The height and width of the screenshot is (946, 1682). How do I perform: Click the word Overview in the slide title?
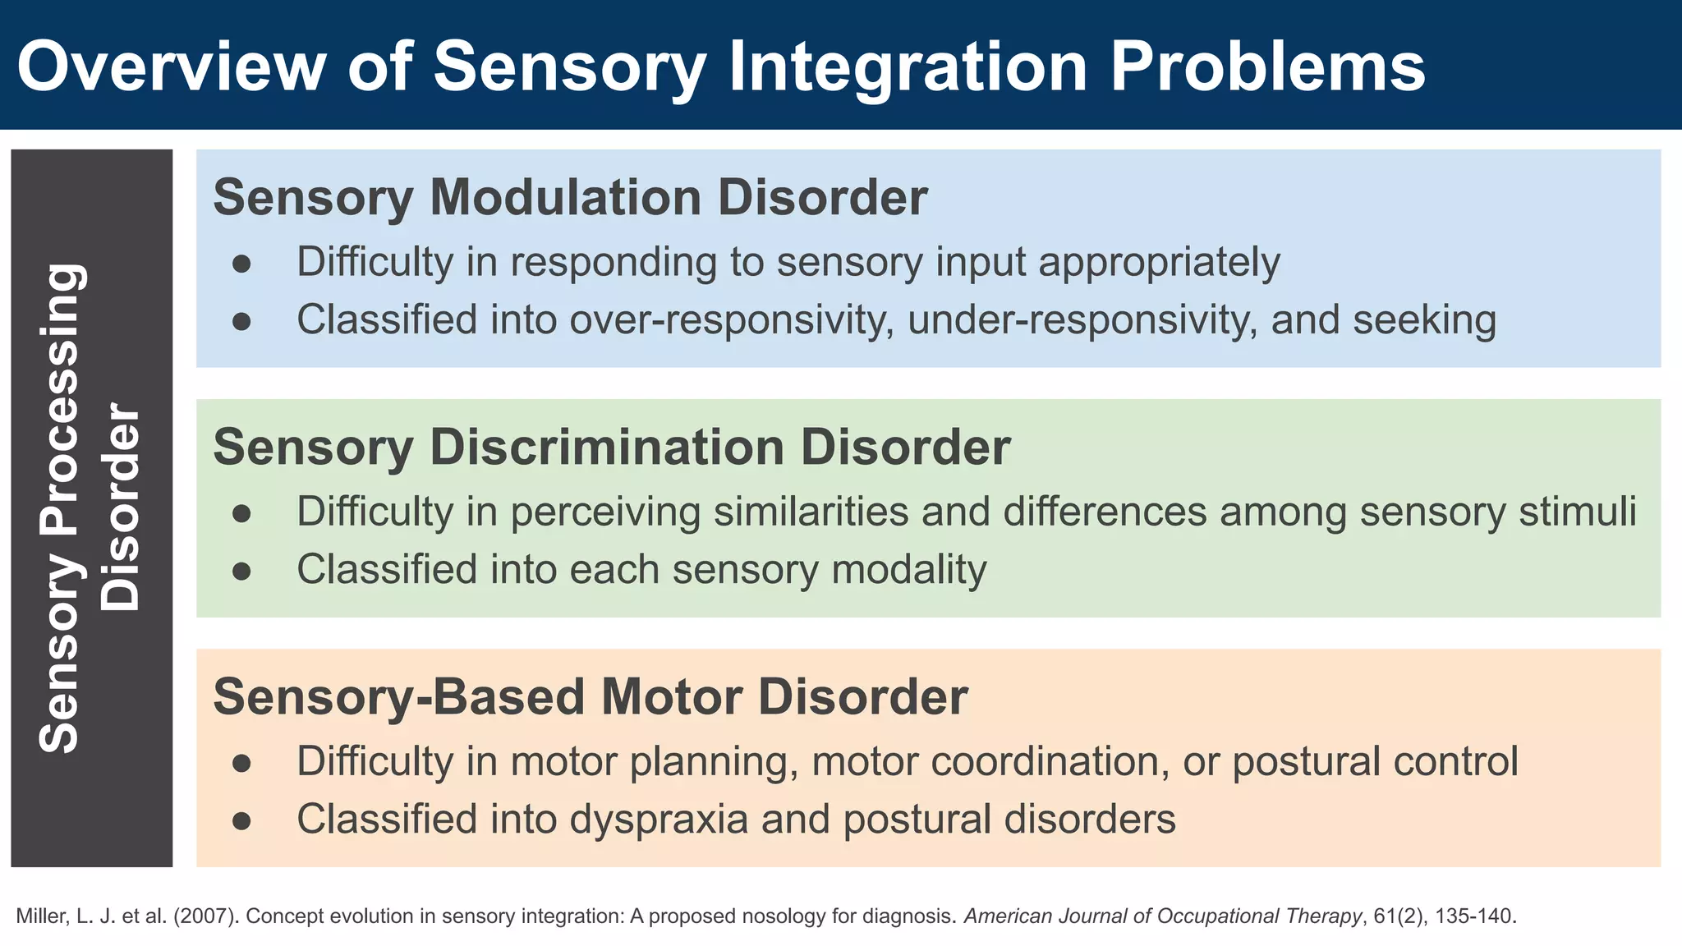[x=171, y=67]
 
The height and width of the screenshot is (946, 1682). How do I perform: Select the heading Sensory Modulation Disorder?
[x=570, y=197]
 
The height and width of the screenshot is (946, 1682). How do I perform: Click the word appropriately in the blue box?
[x=1159, y=263]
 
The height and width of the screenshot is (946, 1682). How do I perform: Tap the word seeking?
[x=1424, y=319]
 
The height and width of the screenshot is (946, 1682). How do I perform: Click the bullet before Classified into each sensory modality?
[x=241, y=571]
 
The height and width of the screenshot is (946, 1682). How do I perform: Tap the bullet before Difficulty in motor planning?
[x=241, y=763]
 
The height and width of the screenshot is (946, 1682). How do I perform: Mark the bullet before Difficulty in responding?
[x=241, y=264]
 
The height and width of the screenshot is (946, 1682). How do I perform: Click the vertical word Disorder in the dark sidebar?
[x=122, y=507]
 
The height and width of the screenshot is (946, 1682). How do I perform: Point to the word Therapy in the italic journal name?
[x=1326, y=916]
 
